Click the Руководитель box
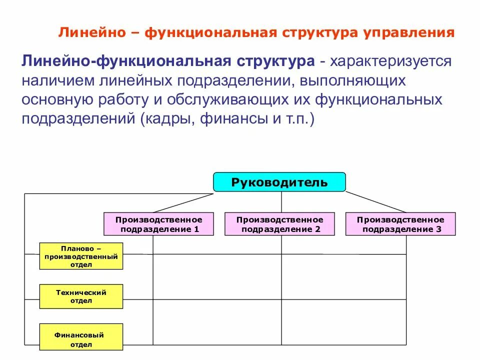pyautogui.click(x=279, y=182)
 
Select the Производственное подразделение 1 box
pyautogui.click(x=158, y=224)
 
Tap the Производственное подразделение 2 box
pyautogui.click(x=279, y=224)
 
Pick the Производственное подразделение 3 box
pyautogui.click(x=400, y=224)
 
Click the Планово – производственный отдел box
pyautogui.click(x=81, y=256)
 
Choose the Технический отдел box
pyautogui.click(x=81, y=296)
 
